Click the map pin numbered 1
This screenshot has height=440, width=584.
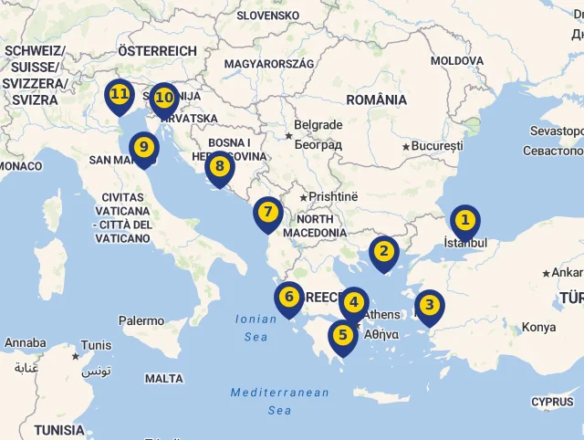pos(464,220)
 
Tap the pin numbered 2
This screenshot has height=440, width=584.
pos(383,251)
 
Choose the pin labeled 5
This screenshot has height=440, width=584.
pos(343,335)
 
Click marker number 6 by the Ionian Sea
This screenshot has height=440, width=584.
pos(289,297)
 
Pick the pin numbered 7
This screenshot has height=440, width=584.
pos(267,213)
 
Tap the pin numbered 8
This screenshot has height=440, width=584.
pos(219,166)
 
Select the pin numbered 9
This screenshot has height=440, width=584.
pos(143,147)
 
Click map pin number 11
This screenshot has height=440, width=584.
pos(119,94)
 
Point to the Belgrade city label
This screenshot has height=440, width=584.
pos(318,125)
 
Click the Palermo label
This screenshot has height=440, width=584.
pos(141,320)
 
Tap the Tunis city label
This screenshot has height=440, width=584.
pos(96,346)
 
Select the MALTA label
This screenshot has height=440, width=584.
pos(163,378)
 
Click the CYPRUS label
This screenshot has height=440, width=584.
pos(552,402)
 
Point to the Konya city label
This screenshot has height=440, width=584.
pos(537,328)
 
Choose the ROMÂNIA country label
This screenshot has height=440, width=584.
pos(376,100)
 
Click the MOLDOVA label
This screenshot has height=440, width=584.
pos(456,60)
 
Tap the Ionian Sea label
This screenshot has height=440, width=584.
pos(255,328)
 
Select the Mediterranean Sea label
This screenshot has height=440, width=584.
pos(279,401)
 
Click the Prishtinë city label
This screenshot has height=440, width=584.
pos(334,196)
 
